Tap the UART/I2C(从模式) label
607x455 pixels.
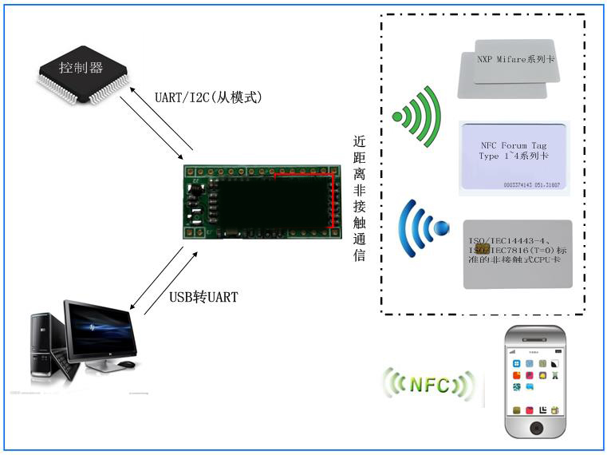click(208, 97)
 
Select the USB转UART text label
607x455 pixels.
click(203, 298)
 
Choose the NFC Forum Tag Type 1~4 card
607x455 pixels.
click(514, 157)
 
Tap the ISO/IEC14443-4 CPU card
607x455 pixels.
click(518, 254)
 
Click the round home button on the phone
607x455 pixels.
click(537, 429)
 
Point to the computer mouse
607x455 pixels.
click(125, 365)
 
